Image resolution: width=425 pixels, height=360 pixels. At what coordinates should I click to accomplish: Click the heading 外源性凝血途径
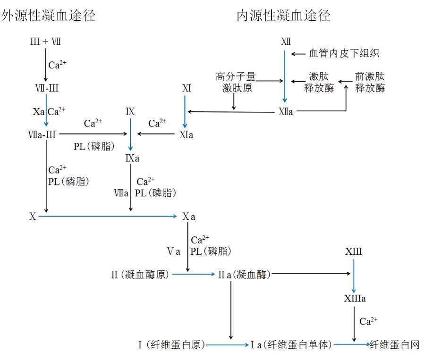click(48, 16)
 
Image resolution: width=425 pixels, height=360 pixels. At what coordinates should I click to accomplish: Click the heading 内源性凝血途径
click(283, 16)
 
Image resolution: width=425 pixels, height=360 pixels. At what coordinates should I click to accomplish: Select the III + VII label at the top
click(45, 42)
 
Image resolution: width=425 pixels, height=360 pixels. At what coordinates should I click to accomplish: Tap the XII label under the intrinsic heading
click(285, 42)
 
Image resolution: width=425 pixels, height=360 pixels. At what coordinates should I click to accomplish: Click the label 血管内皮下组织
click(344, 54)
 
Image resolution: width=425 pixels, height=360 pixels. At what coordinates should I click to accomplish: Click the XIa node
click(186, 135)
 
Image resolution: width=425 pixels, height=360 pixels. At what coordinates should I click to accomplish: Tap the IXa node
click(132, 158)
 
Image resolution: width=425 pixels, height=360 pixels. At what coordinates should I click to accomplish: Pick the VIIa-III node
click(42, 135)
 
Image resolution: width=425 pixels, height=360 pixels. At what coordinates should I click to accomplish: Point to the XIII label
click(353, 251)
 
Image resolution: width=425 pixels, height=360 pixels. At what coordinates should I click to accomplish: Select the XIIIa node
click(355, 299)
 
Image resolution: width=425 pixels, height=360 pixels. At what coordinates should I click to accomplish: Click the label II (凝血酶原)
click(140, 274)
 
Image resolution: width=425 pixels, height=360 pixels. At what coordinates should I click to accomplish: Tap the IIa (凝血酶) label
click(244, 274)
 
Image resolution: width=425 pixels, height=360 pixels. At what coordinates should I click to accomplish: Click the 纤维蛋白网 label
click(395, 345)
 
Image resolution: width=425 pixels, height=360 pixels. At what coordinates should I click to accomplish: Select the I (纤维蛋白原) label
click(171, 345)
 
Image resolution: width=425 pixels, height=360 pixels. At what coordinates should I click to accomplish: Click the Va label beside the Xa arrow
click(174, 251)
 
